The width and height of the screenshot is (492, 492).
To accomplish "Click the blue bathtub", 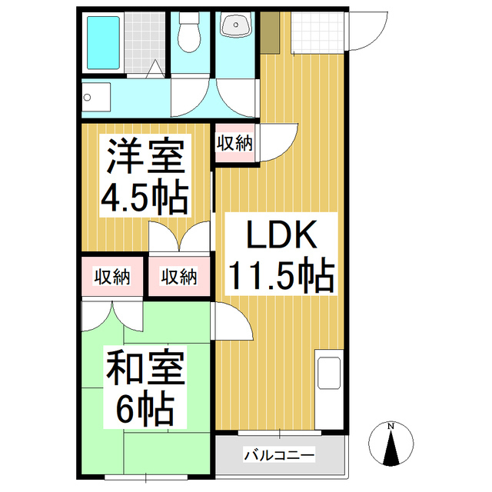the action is click(103, 43).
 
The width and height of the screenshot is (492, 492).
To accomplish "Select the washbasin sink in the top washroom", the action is click(236, 24).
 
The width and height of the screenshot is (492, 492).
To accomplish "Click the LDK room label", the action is click(281, 234).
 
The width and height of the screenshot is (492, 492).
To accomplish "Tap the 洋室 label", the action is click(145, 155).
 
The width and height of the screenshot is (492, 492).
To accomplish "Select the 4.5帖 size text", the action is click(145, 197).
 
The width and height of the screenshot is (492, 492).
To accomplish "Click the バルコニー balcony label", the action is click(279, 454).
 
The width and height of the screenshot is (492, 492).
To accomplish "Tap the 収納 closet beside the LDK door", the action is click(234, 144).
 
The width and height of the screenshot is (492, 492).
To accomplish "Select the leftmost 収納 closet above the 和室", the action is click(112, 277).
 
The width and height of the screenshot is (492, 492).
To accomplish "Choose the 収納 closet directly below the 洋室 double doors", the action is click(179, 277).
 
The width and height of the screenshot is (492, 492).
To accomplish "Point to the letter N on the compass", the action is click(391, 426).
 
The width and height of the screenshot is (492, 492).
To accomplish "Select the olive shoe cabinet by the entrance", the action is click(270, 32).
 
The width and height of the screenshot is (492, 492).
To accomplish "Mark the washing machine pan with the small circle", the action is click(96, 97).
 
